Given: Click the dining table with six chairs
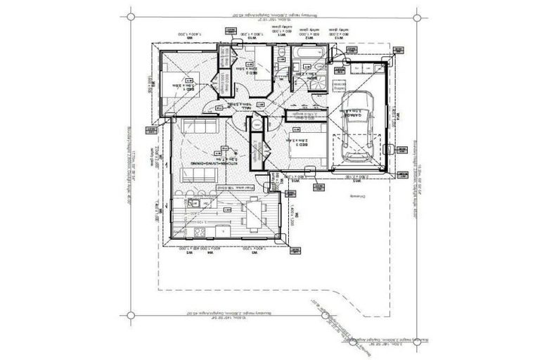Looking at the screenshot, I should click(252, 214).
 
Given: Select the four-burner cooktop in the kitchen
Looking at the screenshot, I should click(198, 232).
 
